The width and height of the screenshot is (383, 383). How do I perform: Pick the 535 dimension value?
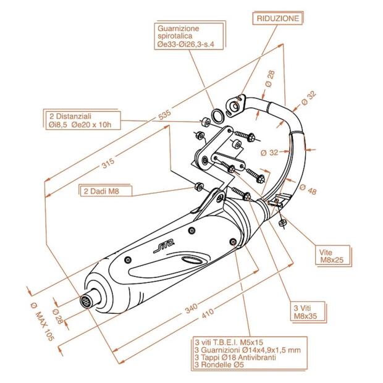[164, 115]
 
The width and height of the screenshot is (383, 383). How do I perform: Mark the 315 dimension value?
[108, 164]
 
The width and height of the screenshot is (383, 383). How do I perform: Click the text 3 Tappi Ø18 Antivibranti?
[232, 358]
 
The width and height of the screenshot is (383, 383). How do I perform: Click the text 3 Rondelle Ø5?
[219, 366]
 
